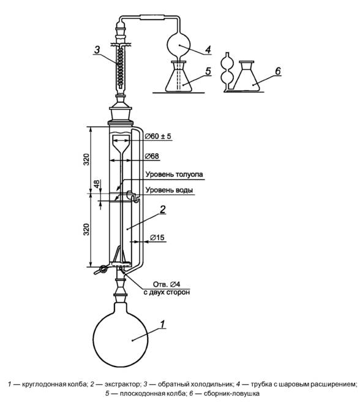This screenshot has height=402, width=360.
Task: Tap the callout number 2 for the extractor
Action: coord(162,210)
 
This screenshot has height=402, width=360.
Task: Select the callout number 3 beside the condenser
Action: coord(97,49)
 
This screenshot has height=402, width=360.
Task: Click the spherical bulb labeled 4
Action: coord(179,44)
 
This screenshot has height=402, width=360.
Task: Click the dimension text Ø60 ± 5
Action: coord(158,136)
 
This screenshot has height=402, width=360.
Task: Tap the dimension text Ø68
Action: coord(152,156)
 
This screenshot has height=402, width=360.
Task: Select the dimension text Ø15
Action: coord(157,238)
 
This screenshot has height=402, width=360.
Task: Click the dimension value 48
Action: coord(97,184)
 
